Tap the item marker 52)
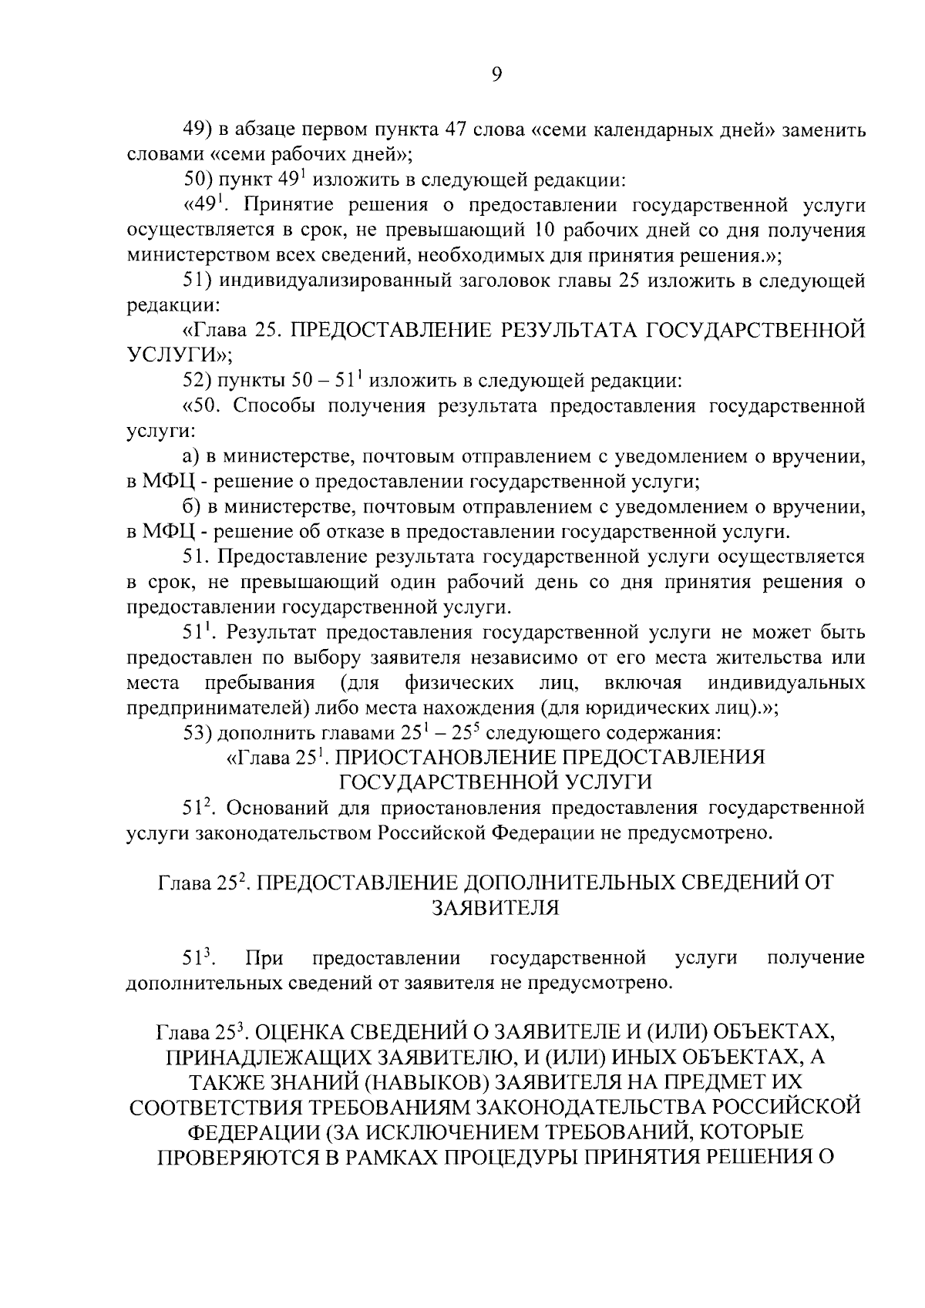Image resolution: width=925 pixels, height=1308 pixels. [x=198, y=381]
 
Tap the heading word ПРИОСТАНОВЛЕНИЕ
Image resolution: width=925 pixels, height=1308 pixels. [x=457, y=758]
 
